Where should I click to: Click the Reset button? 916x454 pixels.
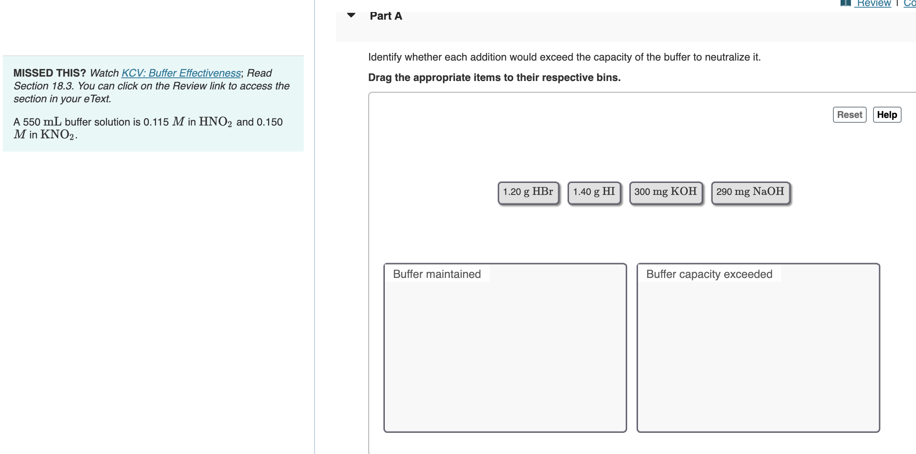849,115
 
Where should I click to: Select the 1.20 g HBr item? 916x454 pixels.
528,192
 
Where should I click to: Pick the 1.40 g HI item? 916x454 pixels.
594,192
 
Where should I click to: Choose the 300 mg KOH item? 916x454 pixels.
666,192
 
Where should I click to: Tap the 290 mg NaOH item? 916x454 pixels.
750,192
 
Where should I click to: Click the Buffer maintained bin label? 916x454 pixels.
437,274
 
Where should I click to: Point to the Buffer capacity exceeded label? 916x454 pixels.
709,274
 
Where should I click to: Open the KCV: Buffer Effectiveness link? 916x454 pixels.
181,73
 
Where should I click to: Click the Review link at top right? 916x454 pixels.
873,4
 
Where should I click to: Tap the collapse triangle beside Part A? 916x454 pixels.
351,16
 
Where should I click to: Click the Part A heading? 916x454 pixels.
386,16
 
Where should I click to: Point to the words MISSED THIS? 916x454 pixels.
49,73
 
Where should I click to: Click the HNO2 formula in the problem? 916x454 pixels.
215,122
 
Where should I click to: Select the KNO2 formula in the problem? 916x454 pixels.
57,135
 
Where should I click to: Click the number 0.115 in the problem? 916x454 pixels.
156,122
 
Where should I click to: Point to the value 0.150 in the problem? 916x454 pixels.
270,122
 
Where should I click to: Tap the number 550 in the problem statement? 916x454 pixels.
32,122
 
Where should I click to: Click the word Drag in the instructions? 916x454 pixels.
380,77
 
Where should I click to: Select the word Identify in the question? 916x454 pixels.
385,57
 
